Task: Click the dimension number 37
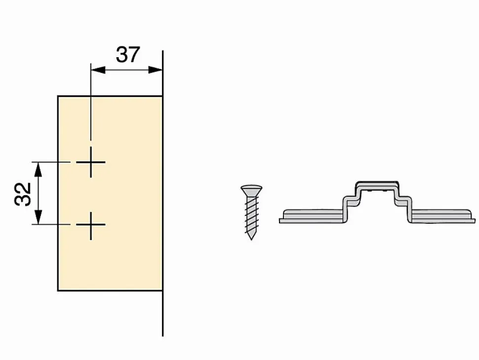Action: (128, 55)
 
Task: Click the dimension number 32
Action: (23, 194)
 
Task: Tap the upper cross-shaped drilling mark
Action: (91, 162)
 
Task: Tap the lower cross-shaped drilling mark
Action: (91, 225)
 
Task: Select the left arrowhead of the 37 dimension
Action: (98, 70)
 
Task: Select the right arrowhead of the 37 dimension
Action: (155, 70)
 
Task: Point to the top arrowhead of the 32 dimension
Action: (38, 169)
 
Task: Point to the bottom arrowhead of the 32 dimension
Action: (38, 217)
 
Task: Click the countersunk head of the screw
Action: (251, 190)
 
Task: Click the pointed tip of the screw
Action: (251, 237)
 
